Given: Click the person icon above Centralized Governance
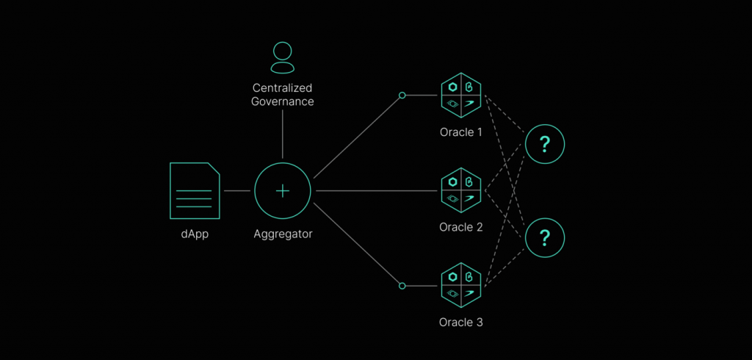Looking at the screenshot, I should (x=282, y=57).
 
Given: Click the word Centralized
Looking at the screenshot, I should (x=283, y=88).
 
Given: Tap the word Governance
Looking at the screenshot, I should (x=283, y=101).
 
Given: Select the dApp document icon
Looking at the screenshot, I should (x=195, y=190).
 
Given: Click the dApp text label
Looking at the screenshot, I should (x=195, y=235).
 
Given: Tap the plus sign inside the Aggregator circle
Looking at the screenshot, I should (x=283, y=190).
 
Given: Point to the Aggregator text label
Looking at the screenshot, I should (x=283, y=235).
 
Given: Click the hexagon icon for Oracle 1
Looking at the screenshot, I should (x=460, y=96).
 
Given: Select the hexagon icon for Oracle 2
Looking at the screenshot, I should (x=460, y=190).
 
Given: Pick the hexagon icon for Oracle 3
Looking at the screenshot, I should (x=460, y=285).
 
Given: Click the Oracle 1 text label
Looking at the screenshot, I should (x=460, y=133).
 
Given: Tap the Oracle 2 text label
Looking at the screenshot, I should (x=460, y=228).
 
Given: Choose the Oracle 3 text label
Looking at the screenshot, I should (x=460, y=323).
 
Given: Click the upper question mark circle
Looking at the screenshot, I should (x=544, y=144).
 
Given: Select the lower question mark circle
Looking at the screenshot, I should (x=544, y=237).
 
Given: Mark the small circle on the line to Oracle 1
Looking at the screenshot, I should (x=402, y=96).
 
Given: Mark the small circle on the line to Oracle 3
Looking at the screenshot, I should (x=402, y=285).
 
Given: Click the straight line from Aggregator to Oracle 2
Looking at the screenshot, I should (x=375, y=190).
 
